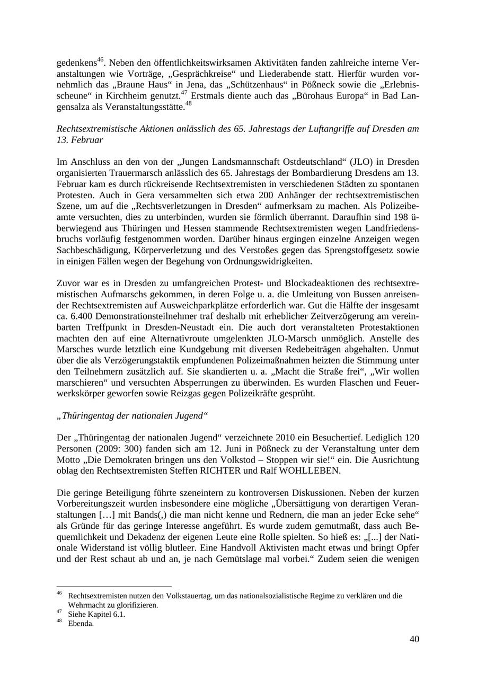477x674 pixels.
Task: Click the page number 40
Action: (x=414, y=640)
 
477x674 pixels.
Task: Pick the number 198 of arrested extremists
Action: (x=399, y=217)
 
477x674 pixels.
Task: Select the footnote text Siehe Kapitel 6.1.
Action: (x=96, y=615)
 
